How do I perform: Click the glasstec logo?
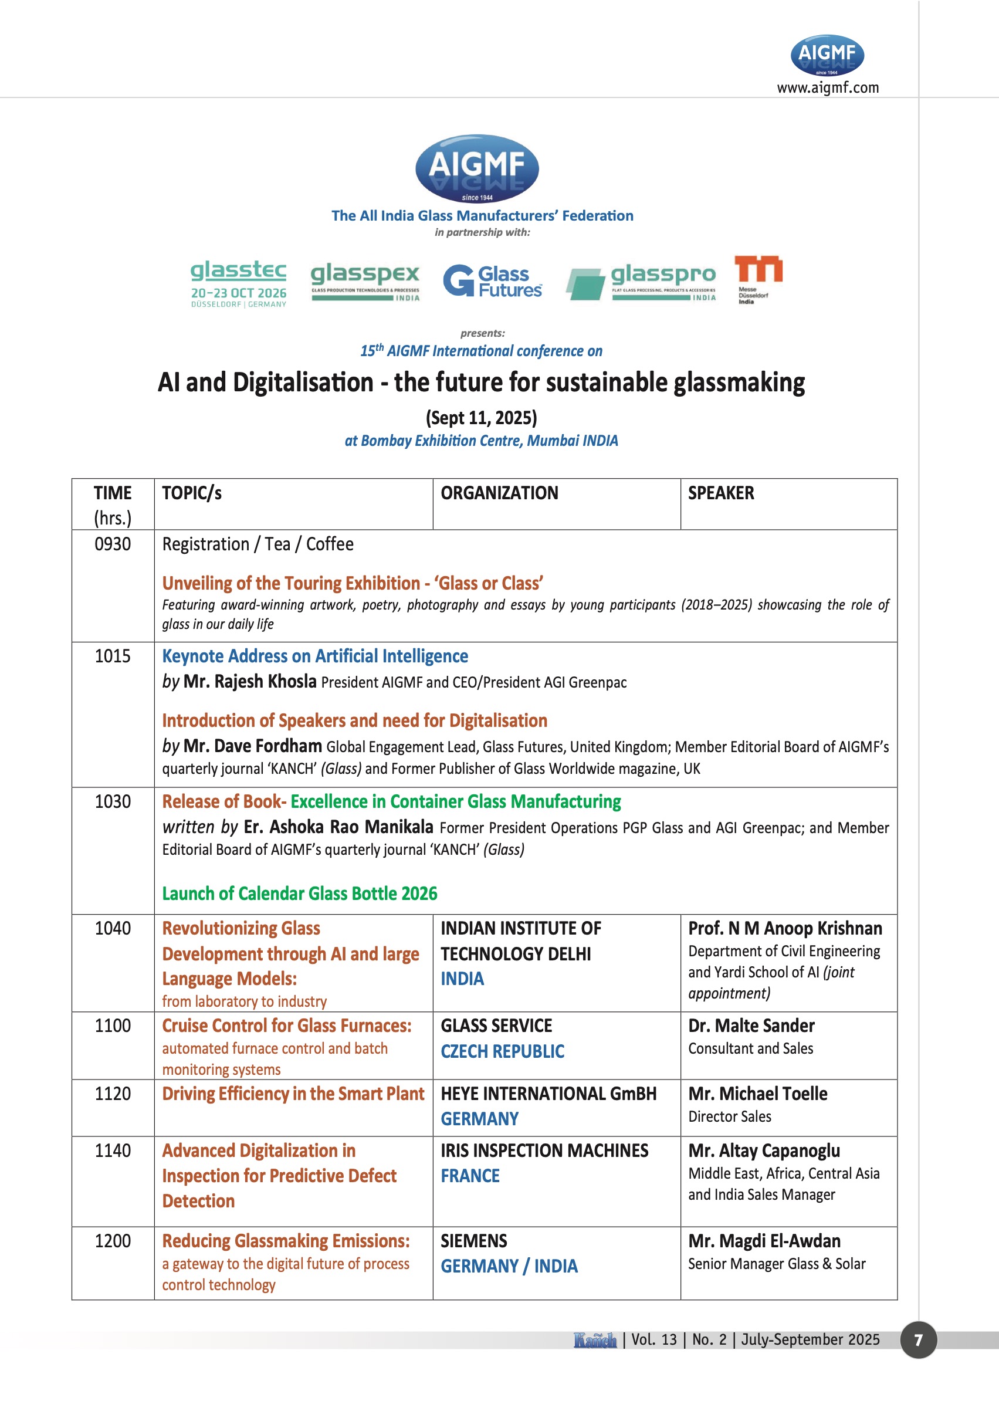(x=238, y=282)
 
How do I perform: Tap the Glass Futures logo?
(x=492, y=281)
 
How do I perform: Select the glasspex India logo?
(x=365, y=282)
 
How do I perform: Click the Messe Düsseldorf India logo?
(x=758, y=280)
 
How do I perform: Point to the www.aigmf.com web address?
(x=827, y=87)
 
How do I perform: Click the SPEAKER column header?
(x=720, y=493)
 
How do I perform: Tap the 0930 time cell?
(x=113, y=544)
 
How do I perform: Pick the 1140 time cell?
(x=113, y=1150)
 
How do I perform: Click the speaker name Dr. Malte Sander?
(x=751, y=1026)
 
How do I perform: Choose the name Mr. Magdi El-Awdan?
(x=764, y=1240)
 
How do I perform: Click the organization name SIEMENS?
(x=473, y=1240)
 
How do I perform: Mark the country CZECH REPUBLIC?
(x=502, y=1051)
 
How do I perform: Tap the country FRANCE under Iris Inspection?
(x=470, y=1175)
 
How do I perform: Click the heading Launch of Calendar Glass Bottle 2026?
(x=300, y=894)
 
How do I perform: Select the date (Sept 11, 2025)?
(x=481, y=418)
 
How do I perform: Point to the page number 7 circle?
(x=918, y=1339)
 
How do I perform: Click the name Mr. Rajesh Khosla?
(x=250, y=681)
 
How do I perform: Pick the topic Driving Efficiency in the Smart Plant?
(x=293, y=1094)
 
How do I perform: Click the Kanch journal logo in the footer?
(x=595, y=1339)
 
